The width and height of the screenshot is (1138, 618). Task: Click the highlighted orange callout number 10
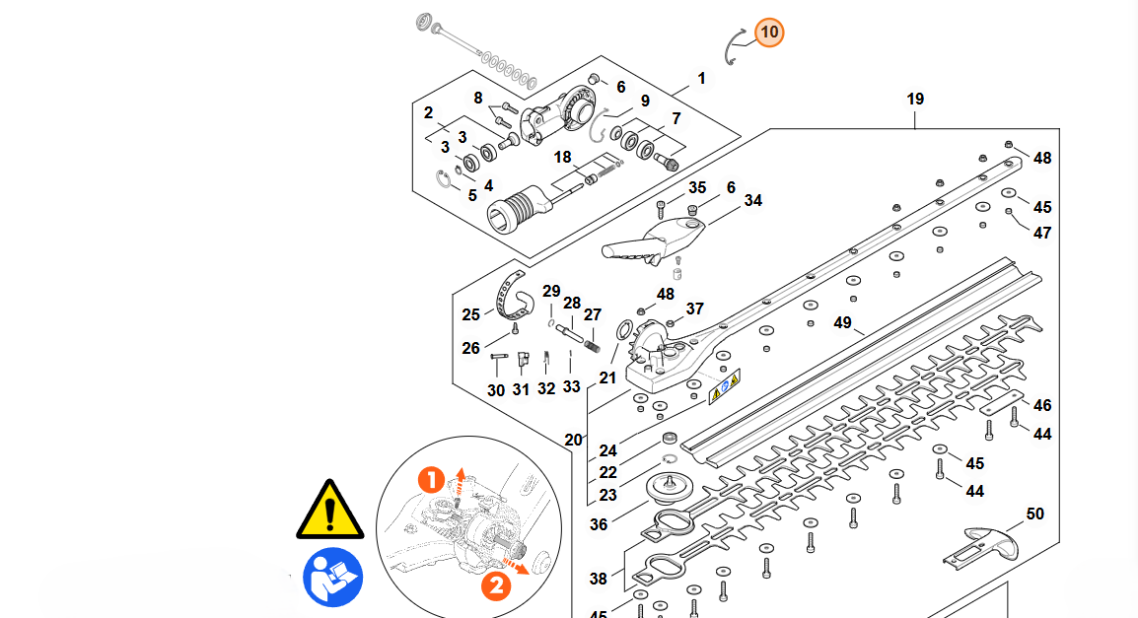click(x=770, y=33)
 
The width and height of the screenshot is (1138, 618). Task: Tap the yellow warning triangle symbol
click(x=331, y=510)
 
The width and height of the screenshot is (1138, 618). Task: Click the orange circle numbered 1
click(x=432, y=481)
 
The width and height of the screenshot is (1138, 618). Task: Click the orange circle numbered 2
click(x=496, y=584)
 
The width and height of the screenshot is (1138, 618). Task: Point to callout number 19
click(x=915, y=100)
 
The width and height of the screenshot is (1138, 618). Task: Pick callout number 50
click(x=1034, y=514)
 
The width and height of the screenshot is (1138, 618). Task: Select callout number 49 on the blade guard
click(x=842, y=323)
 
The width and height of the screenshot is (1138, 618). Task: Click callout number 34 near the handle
click(x=753, y=201)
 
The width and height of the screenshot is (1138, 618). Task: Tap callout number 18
click(x=562, y=158)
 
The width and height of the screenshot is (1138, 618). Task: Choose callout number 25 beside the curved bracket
click(x=471, y=315)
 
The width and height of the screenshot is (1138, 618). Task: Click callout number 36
click(x=599, y=524)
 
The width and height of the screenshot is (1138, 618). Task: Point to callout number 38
click(x=599, y=580)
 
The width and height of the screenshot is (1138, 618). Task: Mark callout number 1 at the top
click(x=701, y=78)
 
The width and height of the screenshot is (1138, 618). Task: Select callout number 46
click(x=1042, y=405)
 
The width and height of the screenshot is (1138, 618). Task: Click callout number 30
click(x=496, y=390)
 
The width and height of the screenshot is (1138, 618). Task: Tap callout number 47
click(x=1042, y=233)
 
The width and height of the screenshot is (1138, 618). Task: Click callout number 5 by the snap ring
click(x=472, y=195)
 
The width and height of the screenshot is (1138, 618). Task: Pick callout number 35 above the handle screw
click(x=697, y=187)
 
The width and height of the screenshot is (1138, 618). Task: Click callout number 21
click(x=607, y=378)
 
